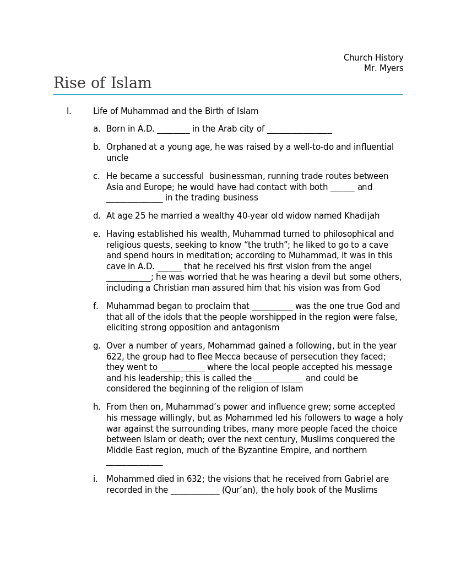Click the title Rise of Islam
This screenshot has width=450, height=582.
102,83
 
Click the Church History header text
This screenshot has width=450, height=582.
373,58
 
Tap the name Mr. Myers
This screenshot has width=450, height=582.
383,68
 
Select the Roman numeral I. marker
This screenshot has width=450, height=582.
69,111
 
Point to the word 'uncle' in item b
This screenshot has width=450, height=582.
117,158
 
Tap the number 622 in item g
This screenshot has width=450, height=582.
114,357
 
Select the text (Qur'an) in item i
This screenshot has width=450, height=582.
240,490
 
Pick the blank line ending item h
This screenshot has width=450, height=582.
134,463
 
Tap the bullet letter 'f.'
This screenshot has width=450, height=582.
96,306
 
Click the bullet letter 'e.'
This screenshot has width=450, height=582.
96,234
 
